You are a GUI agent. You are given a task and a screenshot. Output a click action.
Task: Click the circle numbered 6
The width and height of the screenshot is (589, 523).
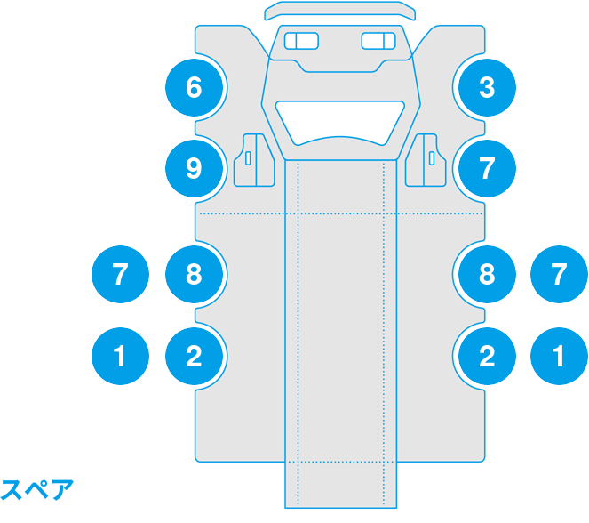tap(195, 87)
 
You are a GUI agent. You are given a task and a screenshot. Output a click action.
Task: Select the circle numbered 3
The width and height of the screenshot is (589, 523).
tap(487, 87)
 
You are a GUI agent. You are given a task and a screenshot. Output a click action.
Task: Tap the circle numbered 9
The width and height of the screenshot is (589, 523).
tap(195, 168)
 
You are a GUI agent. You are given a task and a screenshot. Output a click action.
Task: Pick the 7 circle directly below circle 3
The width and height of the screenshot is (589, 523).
tap(487, 168)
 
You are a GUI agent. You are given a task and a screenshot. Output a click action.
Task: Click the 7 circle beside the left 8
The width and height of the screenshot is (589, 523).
tap(120, 274)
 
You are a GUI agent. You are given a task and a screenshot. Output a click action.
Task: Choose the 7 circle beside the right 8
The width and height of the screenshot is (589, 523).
tap(559, 274)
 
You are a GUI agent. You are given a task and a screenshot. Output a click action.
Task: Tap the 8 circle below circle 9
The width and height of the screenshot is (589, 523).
tap(195, 274)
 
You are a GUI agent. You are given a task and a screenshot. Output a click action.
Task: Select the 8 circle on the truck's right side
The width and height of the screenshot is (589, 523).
tap(487, 274)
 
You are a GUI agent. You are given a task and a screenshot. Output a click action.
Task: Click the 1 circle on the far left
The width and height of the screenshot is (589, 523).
tap(120, 356)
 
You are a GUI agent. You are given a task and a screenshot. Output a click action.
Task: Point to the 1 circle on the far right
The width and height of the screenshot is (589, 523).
tap(559, 356)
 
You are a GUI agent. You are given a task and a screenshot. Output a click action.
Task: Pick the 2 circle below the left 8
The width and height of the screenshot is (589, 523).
tap(195, 356)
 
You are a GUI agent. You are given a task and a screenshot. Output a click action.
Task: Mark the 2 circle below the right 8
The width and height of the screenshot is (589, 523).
tap(487, 356)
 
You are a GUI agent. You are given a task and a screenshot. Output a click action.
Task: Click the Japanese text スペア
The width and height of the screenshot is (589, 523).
tap(36, 490)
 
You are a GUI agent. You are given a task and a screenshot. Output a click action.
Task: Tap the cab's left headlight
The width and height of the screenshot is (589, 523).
tap(302, 41)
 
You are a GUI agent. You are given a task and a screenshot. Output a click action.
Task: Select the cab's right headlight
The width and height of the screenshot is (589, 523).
tap(378, 41)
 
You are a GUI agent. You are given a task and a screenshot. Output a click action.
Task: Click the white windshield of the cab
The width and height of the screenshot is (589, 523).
tap(340, 123)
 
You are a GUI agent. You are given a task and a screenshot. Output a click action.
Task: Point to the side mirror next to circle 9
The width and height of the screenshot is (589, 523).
tap(254, 160)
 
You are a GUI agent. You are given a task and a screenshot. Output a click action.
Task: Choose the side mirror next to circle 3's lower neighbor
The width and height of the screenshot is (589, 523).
tap(426, 160)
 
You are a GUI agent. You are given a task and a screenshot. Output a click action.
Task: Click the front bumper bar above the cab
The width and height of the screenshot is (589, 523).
tap(340, 11)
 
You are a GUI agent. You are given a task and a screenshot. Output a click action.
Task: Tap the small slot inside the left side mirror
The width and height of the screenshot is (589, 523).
tap(248, 158)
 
